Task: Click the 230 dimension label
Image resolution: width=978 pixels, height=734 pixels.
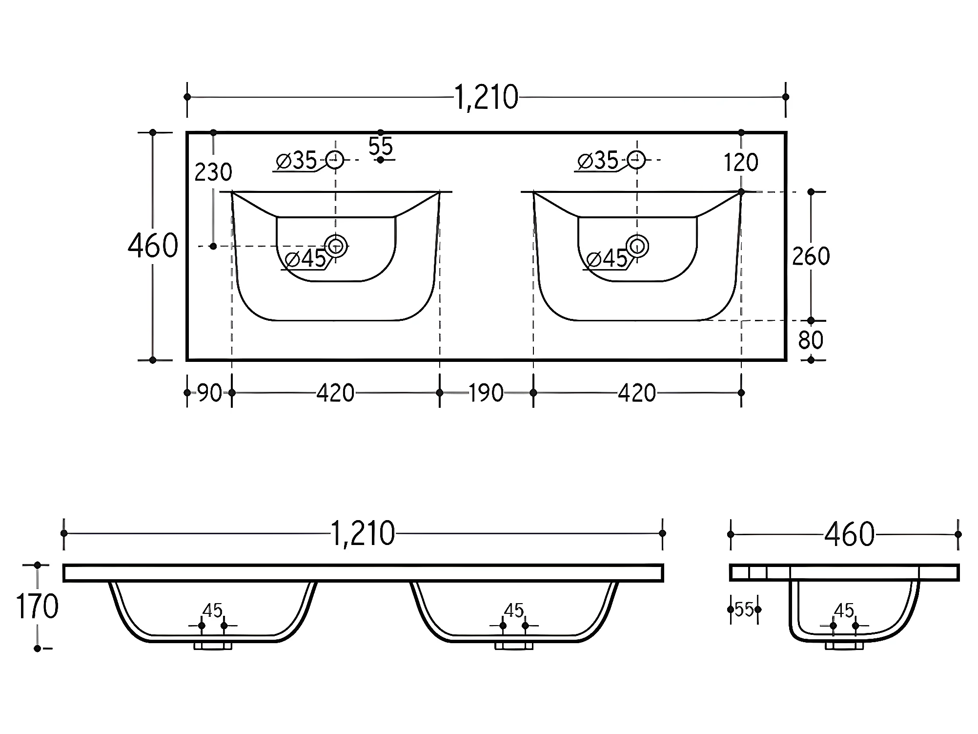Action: click(x=213, y=172)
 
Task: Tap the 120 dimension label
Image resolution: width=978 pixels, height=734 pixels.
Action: click(x=741, y=163)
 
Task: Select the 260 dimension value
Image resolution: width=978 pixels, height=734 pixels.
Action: click(x=811, y=256)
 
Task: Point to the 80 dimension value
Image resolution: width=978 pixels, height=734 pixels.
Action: click(x=811, y=340)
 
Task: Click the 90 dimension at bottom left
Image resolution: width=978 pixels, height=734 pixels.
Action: click(x=210, y=393)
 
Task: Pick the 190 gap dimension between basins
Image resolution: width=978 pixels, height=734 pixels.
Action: click(x=486, y=393)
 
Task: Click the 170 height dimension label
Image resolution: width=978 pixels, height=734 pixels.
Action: click(x=37, y=607)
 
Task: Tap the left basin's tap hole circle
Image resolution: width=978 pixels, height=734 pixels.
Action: click(x=335, y=159)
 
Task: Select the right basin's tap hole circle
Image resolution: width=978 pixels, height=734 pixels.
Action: click(x=636, y=159)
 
